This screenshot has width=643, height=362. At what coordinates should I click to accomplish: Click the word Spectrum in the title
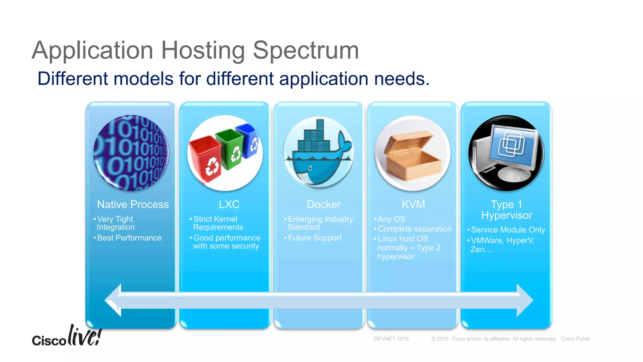(x=305, y=50)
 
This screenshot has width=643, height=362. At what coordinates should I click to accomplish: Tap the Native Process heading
(x=133, y=205)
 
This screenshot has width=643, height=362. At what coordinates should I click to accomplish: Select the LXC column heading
(x=229, y=205)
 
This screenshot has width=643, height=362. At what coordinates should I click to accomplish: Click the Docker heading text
(x=323, y=205)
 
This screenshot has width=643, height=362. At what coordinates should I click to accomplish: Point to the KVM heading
(x=413, y=205)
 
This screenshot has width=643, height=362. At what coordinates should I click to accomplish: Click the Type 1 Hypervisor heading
(x=506, y=210)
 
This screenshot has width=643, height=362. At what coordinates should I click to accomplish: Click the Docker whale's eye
(x=310, y=168)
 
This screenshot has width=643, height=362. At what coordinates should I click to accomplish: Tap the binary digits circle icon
(x=131, y=153)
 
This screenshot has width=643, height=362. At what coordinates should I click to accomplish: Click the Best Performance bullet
(x=129, y=238)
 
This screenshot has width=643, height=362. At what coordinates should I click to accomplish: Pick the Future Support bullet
(x=314, y=238)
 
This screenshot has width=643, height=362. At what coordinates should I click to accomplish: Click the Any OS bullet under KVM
(x=391, y=219)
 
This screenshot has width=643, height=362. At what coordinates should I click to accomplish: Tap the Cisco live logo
(x=67, y=337)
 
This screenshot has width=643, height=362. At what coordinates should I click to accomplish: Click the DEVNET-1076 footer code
(x=391, y=339)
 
